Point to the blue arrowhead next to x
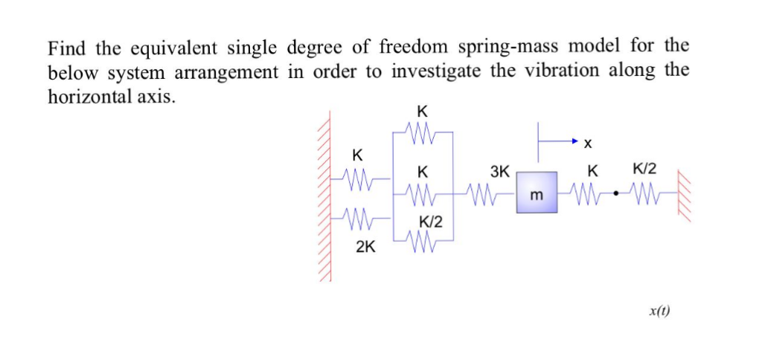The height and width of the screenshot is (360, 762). tap(574, 140)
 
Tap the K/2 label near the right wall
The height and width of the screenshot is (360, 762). tap(644, 170)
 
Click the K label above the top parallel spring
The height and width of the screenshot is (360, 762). tap(422, 112)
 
